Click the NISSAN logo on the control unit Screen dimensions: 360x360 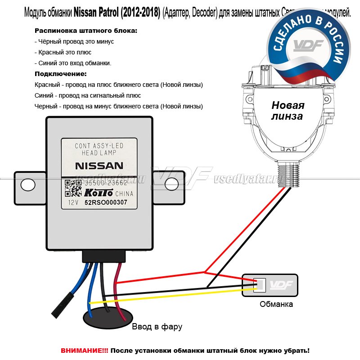(x=99, y=166)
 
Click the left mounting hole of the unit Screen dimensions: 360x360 (x=28, y=184)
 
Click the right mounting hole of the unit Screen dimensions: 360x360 (x=171, y=184)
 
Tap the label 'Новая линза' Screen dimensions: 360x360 (x=288, y=110)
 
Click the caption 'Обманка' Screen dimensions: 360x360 (x=276, y=304)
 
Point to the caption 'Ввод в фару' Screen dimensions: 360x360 (x=157, y=327)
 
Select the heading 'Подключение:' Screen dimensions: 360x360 (x=60, y=74)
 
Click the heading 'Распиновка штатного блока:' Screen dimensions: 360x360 (x=86, y=31)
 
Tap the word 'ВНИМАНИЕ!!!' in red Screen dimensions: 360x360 (x=85, y=350)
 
